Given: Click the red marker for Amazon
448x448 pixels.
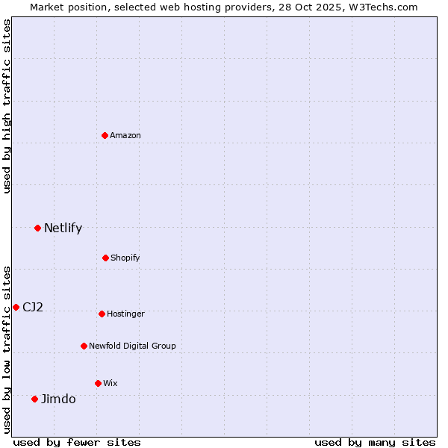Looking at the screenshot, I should (x=105, y=135).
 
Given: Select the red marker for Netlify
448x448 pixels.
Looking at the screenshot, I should (x=37, y=228).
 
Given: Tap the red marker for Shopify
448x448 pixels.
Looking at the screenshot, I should (x=105, y=258).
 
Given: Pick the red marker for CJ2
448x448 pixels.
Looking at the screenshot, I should (x=16, y=307).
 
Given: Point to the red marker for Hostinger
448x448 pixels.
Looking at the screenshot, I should (x=102, y=314).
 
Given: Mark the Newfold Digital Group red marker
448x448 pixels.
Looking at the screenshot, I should (x=84, y=346).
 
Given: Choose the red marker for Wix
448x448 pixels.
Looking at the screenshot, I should (x=98, y=383).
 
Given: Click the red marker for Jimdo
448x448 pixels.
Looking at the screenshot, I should (x=34, y=399).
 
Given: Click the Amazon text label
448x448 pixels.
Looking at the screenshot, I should (x=125, y=135).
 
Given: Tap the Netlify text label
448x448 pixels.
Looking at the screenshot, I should (x=63, y=228).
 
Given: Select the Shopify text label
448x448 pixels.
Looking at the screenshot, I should (x=125, y=258).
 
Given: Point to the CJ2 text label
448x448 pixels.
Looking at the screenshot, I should (x=33, y=307).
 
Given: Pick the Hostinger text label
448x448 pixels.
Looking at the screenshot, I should (x=125, y=314).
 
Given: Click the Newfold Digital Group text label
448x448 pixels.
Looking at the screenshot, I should (x=132, y=346).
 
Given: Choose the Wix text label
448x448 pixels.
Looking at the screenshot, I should (x=111, y=383).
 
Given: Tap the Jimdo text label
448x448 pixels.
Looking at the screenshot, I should (x=58, y=399).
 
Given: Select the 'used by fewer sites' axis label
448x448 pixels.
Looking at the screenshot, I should (x=77, y=442).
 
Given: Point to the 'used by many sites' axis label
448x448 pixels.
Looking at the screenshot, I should (x=375, y=442).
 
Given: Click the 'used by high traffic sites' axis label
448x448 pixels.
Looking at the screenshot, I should (x=7, y=106).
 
